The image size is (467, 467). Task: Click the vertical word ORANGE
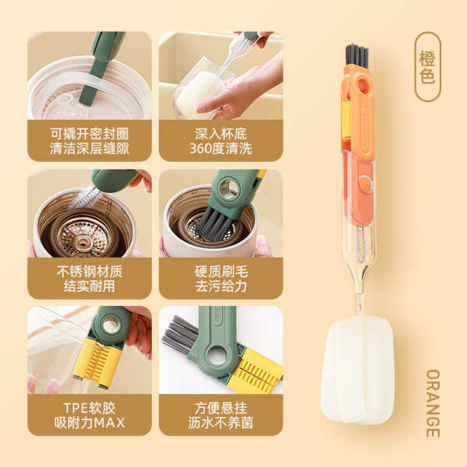point(433,403)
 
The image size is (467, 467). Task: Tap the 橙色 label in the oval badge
point(427,67)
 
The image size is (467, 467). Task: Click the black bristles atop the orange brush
point(356,56)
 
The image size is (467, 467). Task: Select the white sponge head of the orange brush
point(357,369)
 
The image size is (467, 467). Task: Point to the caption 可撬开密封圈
point(90,134)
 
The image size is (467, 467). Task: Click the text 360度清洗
point(221,149)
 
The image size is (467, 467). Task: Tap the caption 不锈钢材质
point(90,272)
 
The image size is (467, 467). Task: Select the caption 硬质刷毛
point(221,272)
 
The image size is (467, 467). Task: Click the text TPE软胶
point(90,408)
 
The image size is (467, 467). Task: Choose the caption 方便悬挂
point(221,408)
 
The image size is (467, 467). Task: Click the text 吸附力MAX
point(90,423)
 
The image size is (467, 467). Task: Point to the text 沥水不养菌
point(221,423)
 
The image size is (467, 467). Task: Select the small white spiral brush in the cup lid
point(84,197)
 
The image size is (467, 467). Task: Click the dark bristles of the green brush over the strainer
point(215,224)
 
